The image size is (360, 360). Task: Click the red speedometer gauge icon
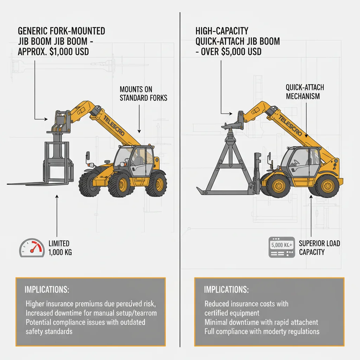[x=32, y=248]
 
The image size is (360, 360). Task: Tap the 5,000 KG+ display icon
[x=282, y=247]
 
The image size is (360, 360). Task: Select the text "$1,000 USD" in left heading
[x=69, y=52]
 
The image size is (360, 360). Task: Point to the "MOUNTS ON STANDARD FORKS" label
[x=143, y=94]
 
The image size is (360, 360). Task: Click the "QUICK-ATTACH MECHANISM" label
[x=305, y=92]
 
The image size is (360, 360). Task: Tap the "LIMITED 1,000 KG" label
[x=60, y=248]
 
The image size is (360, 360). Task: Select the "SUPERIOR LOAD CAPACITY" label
[x=319, y=248]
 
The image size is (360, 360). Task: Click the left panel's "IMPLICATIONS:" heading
[x=47, y=290]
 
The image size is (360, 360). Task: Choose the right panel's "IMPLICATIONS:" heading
[x=226, y=290]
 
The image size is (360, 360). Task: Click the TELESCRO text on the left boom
[x=114, y=126]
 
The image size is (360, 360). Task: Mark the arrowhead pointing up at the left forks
[x=57, y=197]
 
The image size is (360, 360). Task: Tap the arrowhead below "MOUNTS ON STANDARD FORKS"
[x=139, y=131]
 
